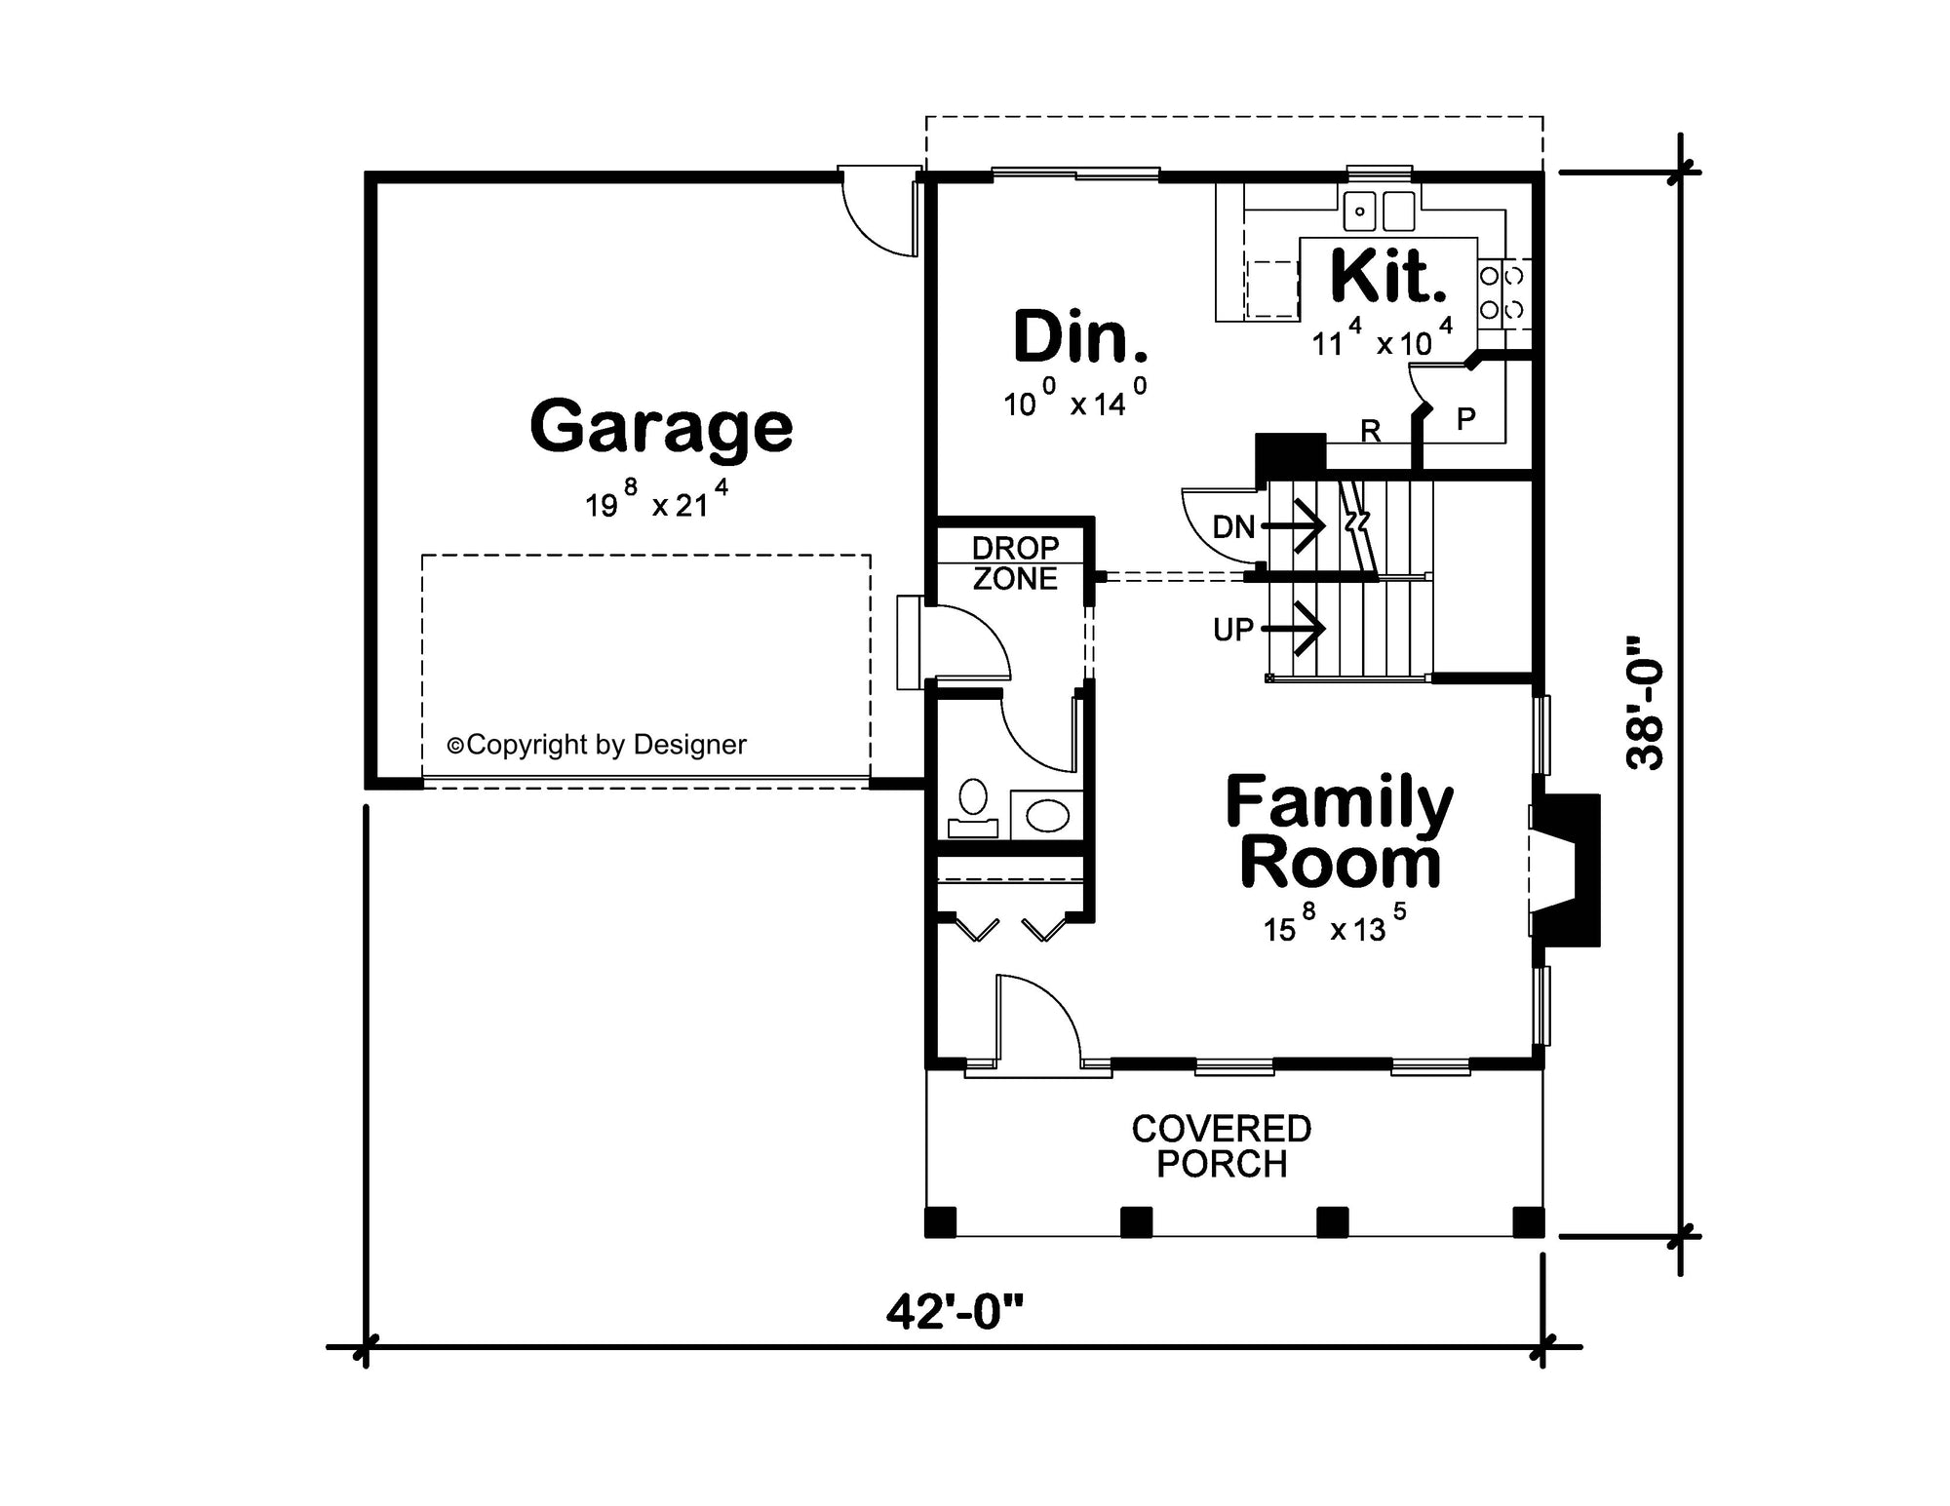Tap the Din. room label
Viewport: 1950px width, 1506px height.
1080,336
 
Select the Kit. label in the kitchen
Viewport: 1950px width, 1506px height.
1388,276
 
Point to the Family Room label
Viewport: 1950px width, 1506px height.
1340,831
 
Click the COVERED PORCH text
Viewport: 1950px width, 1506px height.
1222,1146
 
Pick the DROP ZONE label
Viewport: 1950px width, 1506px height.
1015,563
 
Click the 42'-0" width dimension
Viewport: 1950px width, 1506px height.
955,1312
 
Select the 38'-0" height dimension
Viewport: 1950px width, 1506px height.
1645,703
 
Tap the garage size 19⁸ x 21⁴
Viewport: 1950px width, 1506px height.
656,499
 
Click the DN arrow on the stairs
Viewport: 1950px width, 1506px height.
1293,526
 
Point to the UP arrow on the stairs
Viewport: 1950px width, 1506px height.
1293,629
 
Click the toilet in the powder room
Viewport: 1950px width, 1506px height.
973,809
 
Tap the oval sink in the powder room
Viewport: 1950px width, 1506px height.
1047,815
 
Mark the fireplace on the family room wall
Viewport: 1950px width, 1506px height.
1566,870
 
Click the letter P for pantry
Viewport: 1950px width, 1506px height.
1465,419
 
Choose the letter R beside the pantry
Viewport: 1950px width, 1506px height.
1370,431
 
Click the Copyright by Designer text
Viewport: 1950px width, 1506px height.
597,745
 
